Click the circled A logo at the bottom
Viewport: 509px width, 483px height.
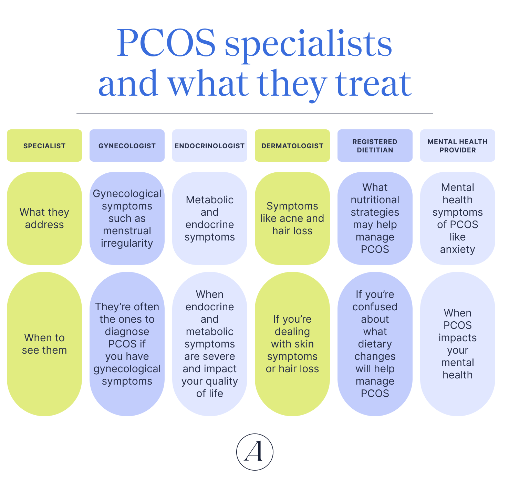pyautogui.click(x=254, y=452)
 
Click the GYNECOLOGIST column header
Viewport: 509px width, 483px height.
pyautogui.click(x=127, y=146)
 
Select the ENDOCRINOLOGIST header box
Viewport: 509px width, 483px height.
pyautogui.click(x=210, y=146)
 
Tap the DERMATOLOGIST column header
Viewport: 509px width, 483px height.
pyautogui.click(x=292, y=146)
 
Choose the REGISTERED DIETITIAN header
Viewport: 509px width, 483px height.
pyautogui.click(x=375, y=146)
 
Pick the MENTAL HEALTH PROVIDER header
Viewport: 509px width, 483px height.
pyautogui.click(x=458, y=146)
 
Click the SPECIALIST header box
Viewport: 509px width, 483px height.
pyautogui.click(x=44, y=146)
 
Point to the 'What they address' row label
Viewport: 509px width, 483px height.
pyautogui.click(x=44, y=218)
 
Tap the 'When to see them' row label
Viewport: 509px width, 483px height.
pyautogui.click(x=44, y=344)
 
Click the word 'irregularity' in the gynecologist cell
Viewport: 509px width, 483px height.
pyautogui.click(x=127, y=243)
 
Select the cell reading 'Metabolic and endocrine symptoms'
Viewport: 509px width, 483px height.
pyautogui.click(x=210, y=218)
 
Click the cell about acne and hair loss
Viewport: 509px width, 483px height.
pyautogui.click(x=292, y=218)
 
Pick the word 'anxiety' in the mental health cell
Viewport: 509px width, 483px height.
pyautogui.click(x=457, y=249)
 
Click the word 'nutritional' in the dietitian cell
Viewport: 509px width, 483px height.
pyautogui.click(x=375, y=200)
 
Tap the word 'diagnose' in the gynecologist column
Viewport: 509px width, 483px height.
pyautogui.click(x=127, y=332)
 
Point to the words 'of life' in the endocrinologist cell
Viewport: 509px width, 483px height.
pyautogui.click(x=210, y=393)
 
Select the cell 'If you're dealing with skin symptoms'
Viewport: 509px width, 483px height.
pyautogui.click(x=292, y=344)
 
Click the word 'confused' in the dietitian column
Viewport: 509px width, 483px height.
pyautogui.click(x=375, y=307)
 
